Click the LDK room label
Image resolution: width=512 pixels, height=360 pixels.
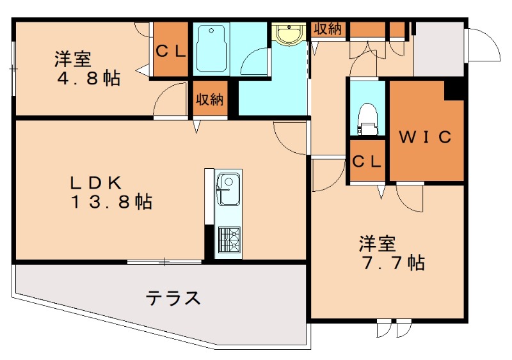(96, 182)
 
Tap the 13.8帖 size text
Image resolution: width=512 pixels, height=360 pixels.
(111, 202)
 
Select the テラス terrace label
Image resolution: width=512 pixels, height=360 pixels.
(173, 298)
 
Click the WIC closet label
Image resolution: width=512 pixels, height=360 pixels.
(426, 136)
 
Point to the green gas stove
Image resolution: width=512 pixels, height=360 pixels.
(228, 241)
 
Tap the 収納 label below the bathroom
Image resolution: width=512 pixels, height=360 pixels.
(209, 100)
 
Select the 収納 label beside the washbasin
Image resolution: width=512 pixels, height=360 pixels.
(328, 29)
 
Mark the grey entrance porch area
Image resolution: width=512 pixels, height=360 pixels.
(438, 48)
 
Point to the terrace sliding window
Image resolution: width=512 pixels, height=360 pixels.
(164, 261)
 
